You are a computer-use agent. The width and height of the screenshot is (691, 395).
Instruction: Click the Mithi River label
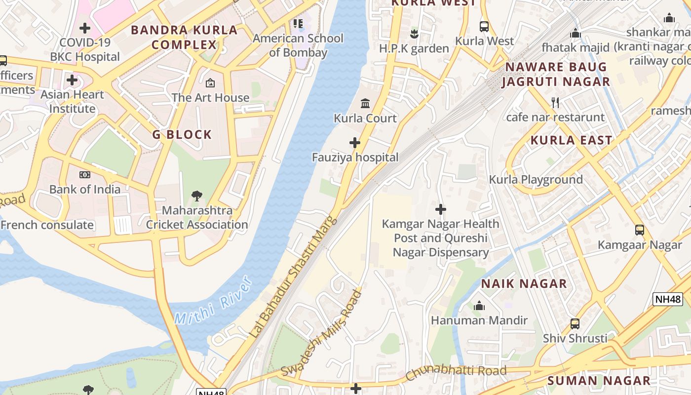(214, 302)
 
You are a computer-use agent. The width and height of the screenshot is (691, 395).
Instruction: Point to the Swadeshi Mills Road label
(322, 333)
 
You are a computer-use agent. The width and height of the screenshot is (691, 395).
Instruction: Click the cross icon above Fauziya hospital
(354, 143)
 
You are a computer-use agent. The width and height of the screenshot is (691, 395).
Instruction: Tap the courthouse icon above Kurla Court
(365, 104)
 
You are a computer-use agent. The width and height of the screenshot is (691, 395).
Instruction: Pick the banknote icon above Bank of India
(85, 175)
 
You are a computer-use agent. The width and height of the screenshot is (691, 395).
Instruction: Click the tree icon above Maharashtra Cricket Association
(197, 196)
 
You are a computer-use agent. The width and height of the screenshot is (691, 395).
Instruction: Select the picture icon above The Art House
(210, 83)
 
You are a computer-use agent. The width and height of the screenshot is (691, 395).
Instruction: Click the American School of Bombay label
(298, 45)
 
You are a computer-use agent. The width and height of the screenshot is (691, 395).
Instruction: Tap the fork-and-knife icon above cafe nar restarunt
(555, 103)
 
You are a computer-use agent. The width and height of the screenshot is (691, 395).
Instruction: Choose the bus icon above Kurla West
(484, 27)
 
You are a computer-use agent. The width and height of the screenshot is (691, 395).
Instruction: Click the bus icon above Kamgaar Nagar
(640, 230)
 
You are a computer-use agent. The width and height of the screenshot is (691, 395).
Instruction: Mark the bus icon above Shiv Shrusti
(575, 324)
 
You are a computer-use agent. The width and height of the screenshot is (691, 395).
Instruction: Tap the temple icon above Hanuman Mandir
(479, 306)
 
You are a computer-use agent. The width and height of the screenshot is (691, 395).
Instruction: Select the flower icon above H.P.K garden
(414, 34)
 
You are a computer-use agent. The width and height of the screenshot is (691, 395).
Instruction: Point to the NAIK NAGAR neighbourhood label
(524, 283)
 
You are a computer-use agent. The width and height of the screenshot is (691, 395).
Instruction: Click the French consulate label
(47, 225)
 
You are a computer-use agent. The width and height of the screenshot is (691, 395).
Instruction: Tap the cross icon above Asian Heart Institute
(72, 80)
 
